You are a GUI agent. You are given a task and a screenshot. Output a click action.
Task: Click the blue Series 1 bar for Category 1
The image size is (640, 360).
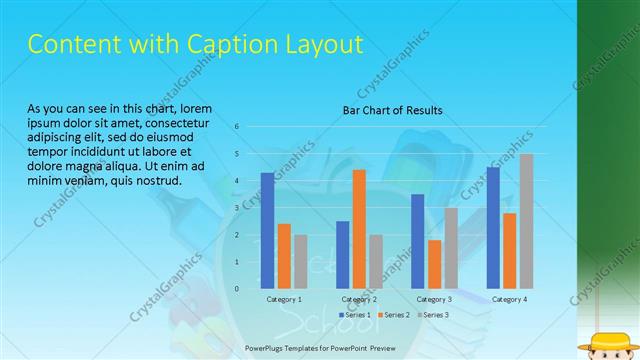pyautogui.click(x=267, y=231)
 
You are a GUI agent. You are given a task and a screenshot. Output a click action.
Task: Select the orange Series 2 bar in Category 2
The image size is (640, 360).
pyautogui.click(x=359, y=229)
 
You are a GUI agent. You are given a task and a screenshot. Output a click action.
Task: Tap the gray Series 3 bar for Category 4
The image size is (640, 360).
pyautogui.click(x=526, y=221)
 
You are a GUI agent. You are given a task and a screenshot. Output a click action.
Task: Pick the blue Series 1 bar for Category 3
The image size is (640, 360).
pyautogui.click(x=418, y=241)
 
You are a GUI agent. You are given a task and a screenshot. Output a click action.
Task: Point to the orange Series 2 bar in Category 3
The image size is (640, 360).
pyautogui.click(x=434, y=264)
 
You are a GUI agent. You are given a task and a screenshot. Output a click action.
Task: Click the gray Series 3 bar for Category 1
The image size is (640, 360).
pyautogui.click(x=301, y=261)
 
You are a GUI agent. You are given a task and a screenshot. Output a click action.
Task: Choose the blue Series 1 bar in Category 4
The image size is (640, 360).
pyautogui.click(x=493, y=227)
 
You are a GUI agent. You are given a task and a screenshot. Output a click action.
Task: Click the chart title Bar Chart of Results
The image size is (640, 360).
pyautogui.click(x=392, y=110)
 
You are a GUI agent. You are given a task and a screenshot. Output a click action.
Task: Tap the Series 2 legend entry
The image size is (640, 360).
pyautogui.click(x=394, y=315)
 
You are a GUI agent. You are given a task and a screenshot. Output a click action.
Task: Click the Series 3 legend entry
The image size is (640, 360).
pyautogui.click(x=434, y=315)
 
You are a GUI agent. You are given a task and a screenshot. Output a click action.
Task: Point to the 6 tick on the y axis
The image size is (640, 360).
pyautogui.click(x=236, y=127)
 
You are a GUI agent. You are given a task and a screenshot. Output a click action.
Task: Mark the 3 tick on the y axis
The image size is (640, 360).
pyautogui.click(x=236, y=208)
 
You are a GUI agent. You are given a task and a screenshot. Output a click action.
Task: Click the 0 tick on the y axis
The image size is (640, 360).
pyautogui.click(x=236, y=288)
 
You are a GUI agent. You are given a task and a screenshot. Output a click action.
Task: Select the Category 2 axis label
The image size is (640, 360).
pyautogui.click(x=359, y=300)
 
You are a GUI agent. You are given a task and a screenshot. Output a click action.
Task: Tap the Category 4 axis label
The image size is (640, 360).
pyautogui.click(x=509, y=300)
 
